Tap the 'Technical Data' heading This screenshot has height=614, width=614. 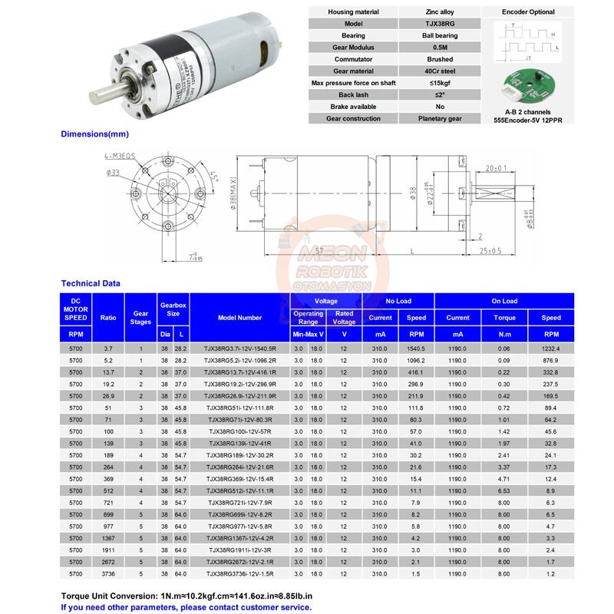pyautogui.click(x=91, y=283)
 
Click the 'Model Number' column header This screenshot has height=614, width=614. pyautogui.click(x=239, y=318)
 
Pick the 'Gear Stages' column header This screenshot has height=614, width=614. pyautogui.click(x=140, y=318)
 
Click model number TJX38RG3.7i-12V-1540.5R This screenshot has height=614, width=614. pyautogui.click(x=239, y=348)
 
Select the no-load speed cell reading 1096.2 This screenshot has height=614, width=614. pyautogui.click(x=416, y=360)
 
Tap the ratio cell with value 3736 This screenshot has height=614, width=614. pyautogui.click(x=107, y=573)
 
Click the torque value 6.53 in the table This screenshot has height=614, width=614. pyautogui.click(x=505, y=490)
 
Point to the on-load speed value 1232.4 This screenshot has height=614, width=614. pyautogui.click(x=551, y=348)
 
